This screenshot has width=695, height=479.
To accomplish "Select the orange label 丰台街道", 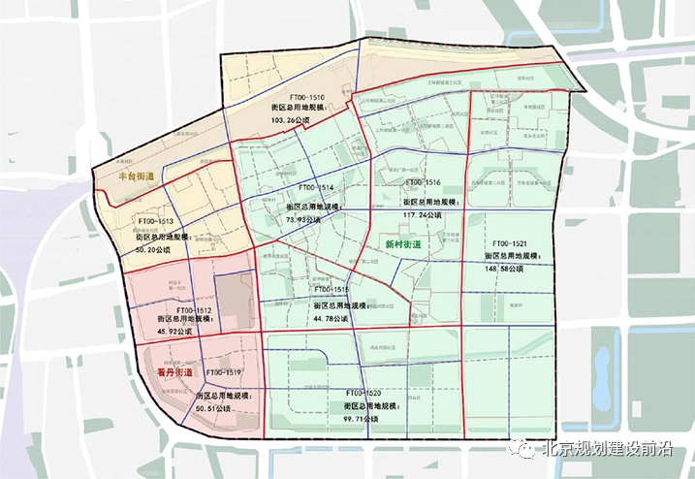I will [x=136, y=177].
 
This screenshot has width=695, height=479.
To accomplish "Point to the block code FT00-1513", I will [x=153, y=221].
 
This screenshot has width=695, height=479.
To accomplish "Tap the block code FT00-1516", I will [x=422, y=182].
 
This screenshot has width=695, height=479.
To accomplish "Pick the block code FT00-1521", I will [x=509, y=243].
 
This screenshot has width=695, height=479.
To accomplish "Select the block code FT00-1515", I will [x=330, y=289].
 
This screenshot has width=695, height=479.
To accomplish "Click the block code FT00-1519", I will [x=222, y=372].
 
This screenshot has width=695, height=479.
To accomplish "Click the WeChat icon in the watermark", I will [x=523, y=449].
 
